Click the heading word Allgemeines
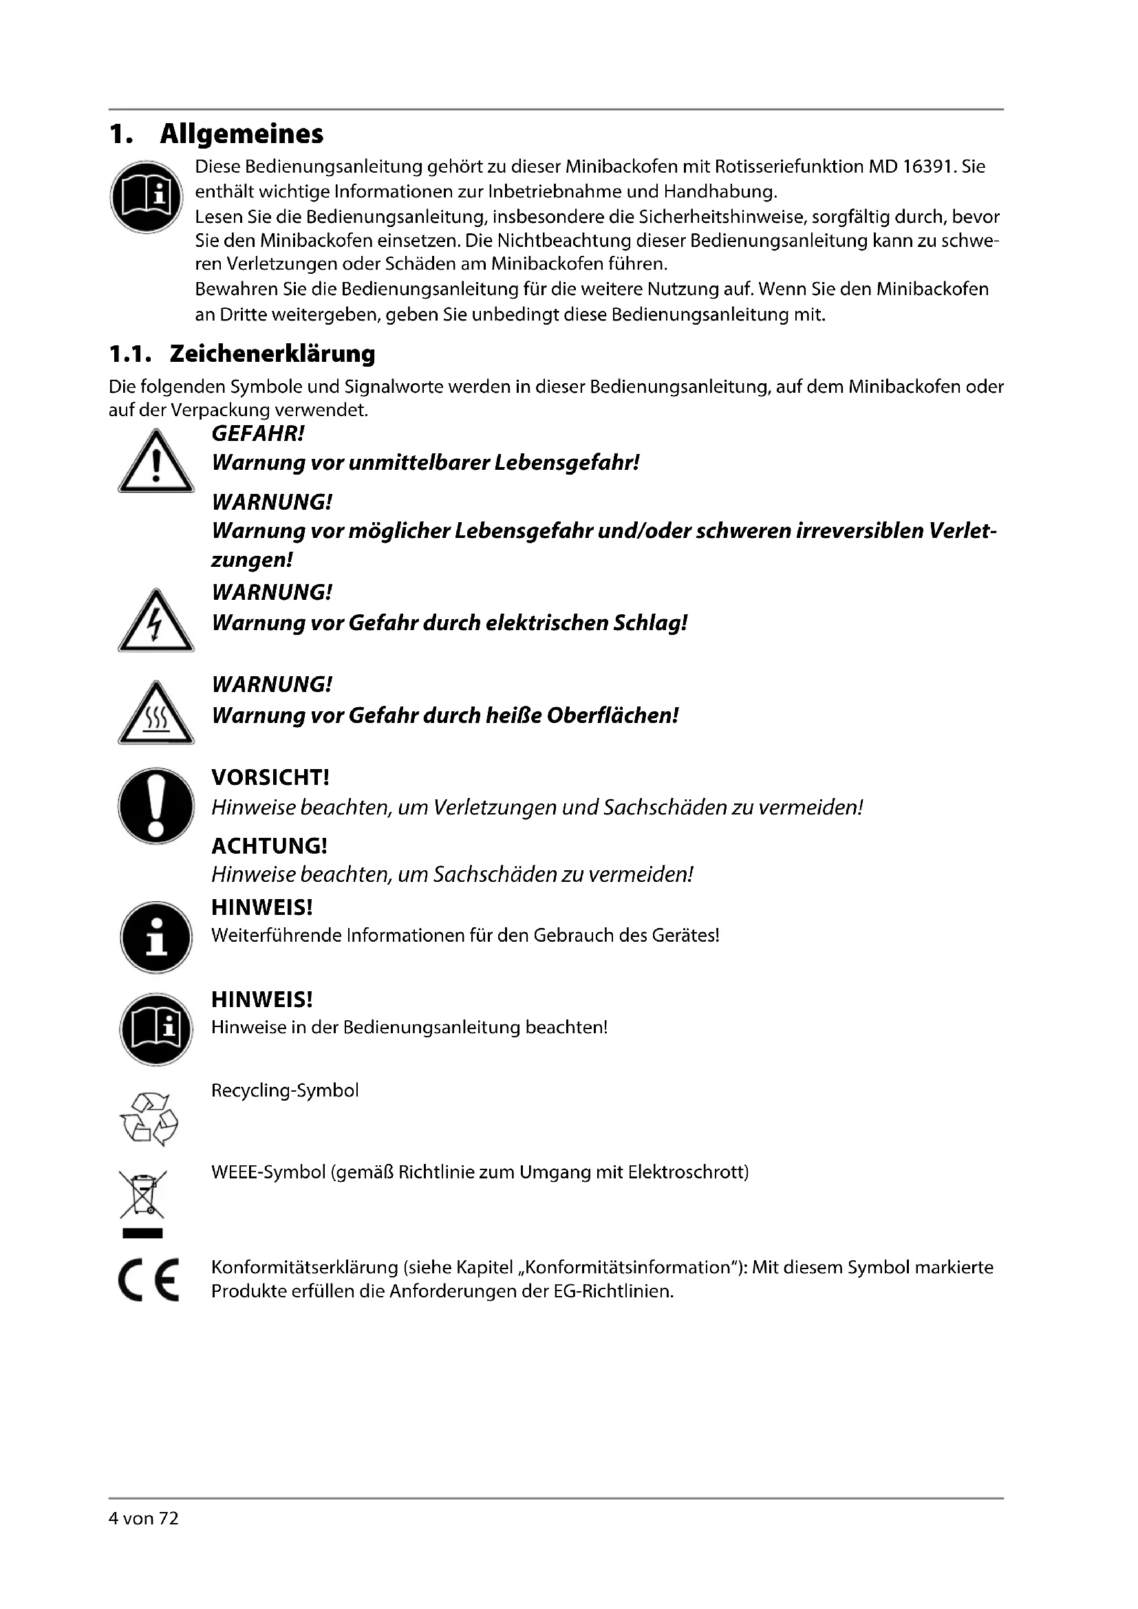[241, 134]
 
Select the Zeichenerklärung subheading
[272, 354]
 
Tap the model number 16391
[928, 166]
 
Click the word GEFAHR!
[258, 434]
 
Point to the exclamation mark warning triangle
[155, 463]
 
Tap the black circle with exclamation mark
[155, 806]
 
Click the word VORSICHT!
[270, 777]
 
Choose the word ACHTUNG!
[269, 846]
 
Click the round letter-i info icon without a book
[155, 938]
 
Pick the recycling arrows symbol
[149, 1119]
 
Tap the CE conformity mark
[149, 1279]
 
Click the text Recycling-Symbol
[285, 1091]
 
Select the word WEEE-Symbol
[268, 1172]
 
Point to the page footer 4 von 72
[144, 1519]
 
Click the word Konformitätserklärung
[305, 1268]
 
